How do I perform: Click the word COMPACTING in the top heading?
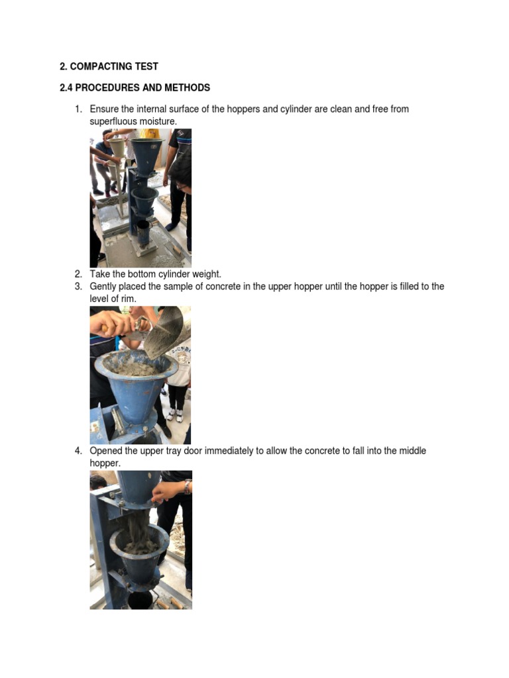pyautogui.click(x=97, y=66)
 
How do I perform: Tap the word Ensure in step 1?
pyautogui.click(x=103, y=109)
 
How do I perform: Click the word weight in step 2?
pyautogui.click(x=205, y=274)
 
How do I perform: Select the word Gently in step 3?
pyautogui.click(x=103, y=286)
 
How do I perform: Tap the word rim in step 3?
pyautogui.click(x=129, y=299)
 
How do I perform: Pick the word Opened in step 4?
pyautogui.click(x=105, y=451)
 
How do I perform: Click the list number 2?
pyautogui.click(x=78, y=274)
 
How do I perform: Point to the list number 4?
pyautogui.click(x=78, y=451)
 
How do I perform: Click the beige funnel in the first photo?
pyautogui.click(x=116, y=146)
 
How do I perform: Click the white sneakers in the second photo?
pyautogui.click(x=174, y=415)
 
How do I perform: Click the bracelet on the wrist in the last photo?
pyautogui.click(x=188, y=487)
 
